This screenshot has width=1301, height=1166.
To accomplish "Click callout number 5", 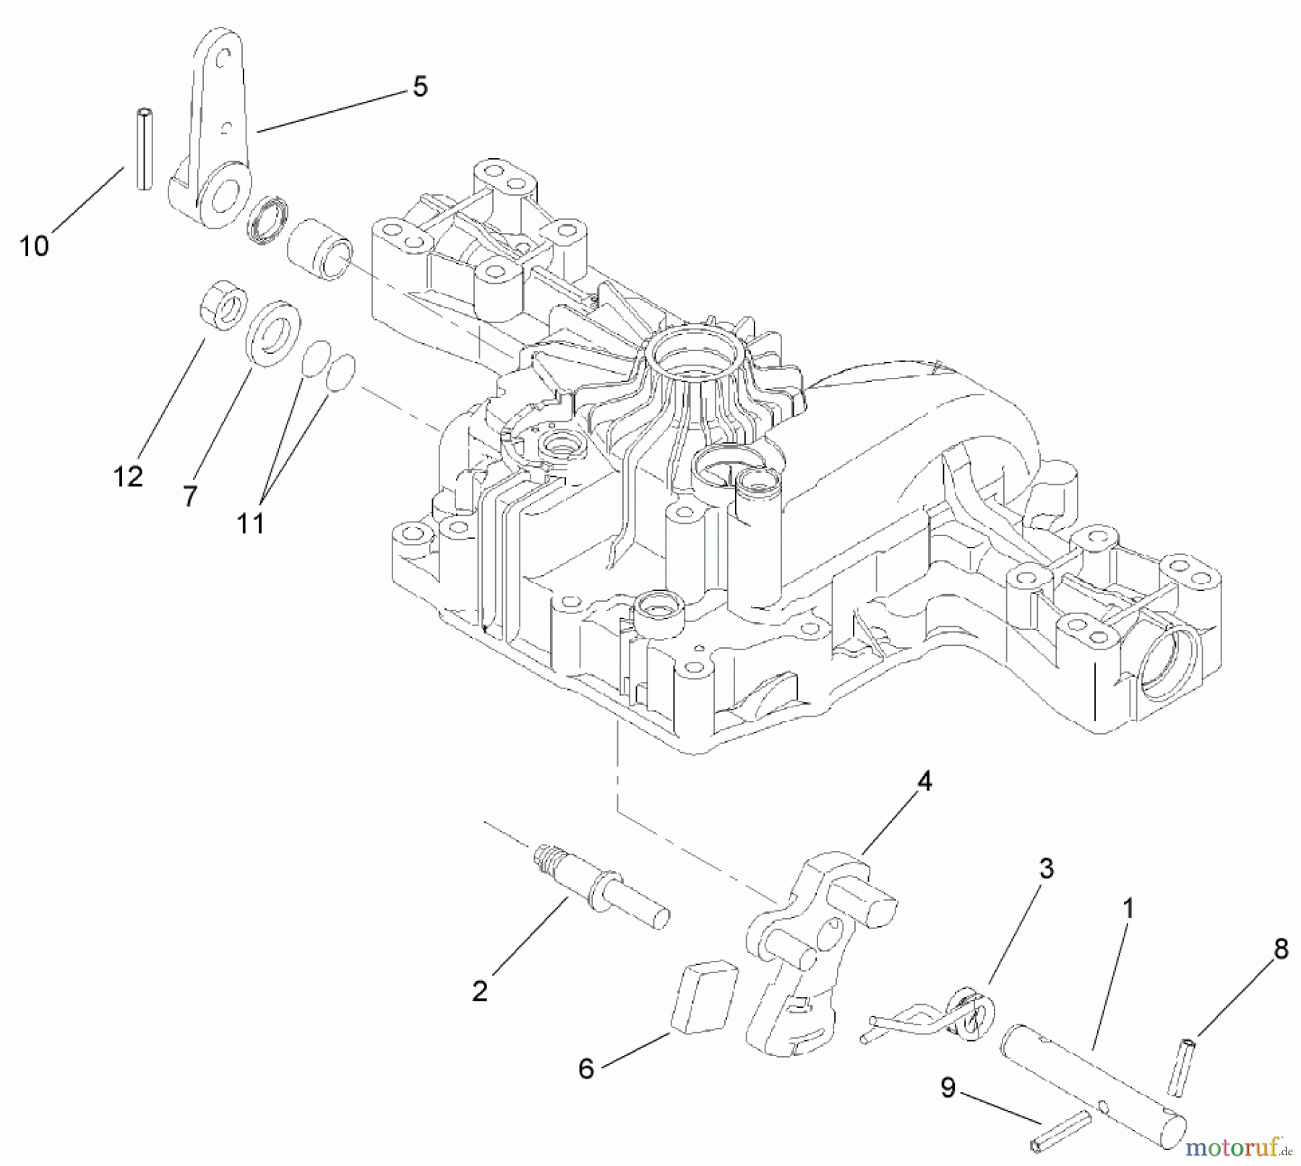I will click(x=420, y=87).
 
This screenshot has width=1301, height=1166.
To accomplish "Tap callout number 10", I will click(x=34, y=246).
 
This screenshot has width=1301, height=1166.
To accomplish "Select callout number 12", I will click(x=128, y=477).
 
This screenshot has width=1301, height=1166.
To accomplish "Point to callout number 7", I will click(x=189, y=497).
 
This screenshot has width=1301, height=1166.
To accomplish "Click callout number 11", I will click(x=251, y=523).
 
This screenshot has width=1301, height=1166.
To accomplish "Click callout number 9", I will click(x=948, y=1087).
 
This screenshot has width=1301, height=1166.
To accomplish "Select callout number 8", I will click(x=1281, y=949).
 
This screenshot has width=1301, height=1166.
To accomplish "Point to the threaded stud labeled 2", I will click(x=602, y=890).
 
